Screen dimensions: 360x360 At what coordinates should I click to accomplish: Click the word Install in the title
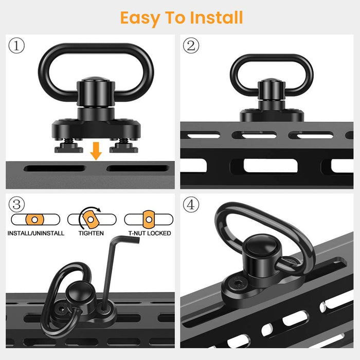point(217,17)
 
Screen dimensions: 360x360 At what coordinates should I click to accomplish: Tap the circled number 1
point(16,45)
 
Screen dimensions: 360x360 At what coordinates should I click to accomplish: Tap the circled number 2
point(191,45)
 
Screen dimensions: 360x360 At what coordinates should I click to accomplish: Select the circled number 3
point(16,204)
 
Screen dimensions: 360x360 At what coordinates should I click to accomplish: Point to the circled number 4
point(191,204)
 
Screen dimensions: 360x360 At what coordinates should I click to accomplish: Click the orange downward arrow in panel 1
point(96,151)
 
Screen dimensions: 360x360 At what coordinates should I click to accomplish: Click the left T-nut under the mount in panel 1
point(68,147)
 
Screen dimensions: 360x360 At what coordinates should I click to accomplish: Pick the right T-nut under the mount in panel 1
point(124,147)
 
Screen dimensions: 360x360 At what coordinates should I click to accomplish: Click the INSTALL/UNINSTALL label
point(36,233)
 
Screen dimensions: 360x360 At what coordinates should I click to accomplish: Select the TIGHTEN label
point(91,233)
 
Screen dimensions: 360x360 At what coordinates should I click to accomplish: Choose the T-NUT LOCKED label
point(150,233)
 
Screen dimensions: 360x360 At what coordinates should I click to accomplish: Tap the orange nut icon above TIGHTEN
point(91,219)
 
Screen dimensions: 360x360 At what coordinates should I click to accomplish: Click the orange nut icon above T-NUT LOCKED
point(149,220)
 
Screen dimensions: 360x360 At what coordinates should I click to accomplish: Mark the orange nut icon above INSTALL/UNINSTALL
point(34,220)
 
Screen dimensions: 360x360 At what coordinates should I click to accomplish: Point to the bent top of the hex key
point(124,240)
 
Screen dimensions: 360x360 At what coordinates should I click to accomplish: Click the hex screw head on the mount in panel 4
point(238,284)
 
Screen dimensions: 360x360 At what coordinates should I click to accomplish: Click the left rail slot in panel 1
point(55,168)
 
